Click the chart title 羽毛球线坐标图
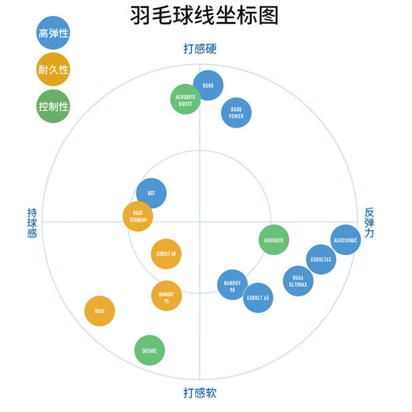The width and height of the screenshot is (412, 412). pyautogui.click(x=204, y=16)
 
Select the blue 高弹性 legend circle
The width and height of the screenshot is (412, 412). pyautogui.click(x=53, y=32)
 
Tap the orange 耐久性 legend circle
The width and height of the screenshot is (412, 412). pyautogui.click(x=53, y=70)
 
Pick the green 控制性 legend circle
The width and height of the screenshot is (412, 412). pyautogui.click(x=53, y=106)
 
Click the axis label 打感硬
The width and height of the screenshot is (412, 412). pyautogui.click(x=200, y=49)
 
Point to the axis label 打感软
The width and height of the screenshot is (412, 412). pyautogui.click(x=200, y=393)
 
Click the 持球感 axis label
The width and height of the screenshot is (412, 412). pyautogui.click(x=32, y=223)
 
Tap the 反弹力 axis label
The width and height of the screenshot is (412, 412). pyautogui.click(x=369, y=223)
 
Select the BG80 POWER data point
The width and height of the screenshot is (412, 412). pyautogui.click(x=236, y=112)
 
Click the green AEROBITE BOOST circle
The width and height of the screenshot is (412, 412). pyautogui.click(x=185, y=99)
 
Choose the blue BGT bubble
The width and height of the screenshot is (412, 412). pyautogui.click(x=151, y=194)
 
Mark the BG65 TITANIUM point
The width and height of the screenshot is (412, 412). pyautogui.click(x=138, y=216)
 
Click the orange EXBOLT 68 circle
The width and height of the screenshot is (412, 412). pyautogui.click(x=166, y=254)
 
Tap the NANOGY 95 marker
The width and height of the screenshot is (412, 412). pyautogui.click(x=166, y=296)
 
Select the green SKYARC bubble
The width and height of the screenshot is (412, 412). pyautogui.click(x=150, y=349)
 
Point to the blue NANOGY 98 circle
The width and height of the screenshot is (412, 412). pyautogui.click(x=232, y=284)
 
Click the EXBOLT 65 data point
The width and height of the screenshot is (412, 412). pyautogui.click(x=258, y=298)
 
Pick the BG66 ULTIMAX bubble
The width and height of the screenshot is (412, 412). pyautogui.click(x=298, y=280)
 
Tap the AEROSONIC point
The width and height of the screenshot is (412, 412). pyautogui.click(x=345, y=239)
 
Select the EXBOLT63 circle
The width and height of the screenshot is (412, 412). pyautogui.click(x=321, y=259)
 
